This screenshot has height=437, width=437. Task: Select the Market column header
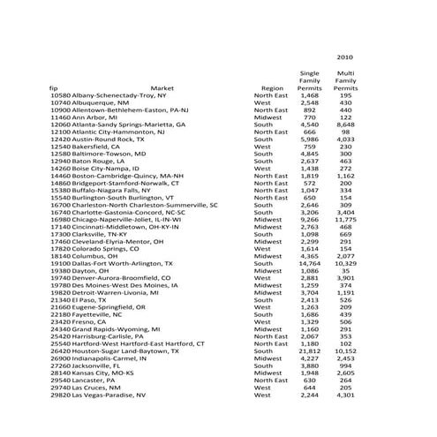(x=162, y=88)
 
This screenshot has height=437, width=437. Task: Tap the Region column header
(x=272, y=88)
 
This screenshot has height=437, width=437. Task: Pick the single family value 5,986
(x=310, y=139)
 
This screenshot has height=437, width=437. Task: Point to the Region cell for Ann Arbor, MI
(x=268, y=117)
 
